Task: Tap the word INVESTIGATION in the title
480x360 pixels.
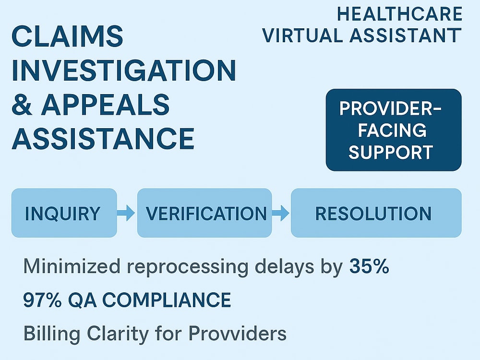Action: pos(124,71)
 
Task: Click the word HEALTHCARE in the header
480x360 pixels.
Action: pos(399,14)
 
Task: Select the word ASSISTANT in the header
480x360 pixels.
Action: pos(405,35)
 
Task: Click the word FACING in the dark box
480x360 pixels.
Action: pos(392,131)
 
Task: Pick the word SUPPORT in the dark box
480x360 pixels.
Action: pos(391,152)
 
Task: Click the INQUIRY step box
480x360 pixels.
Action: pos(64,213)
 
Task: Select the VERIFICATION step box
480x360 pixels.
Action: pos(204,213)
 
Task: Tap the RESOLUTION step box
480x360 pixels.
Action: pos(376,213)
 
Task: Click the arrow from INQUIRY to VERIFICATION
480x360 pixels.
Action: pos(126,213)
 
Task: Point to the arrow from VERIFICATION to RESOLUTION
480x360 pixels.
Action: pos(281,213)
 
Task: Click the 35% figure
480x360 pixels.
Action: pos(369,266)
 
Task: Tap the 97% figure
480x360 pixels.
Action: pos(42,300)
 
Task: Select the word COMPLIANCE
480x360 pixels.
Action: pos(167,300)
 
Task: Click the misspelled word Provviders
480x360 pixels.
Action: pos(237,334)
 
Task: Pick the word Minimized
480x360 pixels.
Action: pos(72,266)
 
